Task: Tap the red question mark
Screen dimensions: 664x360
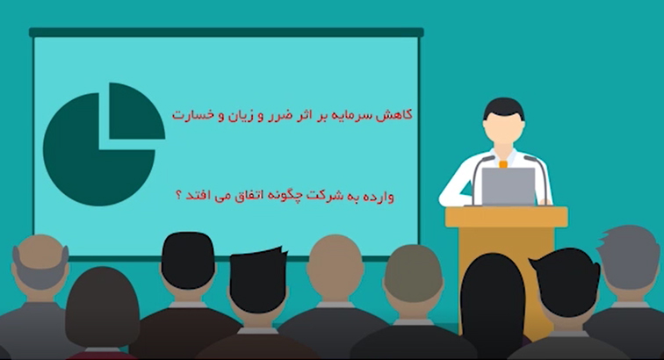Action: pos(178,197)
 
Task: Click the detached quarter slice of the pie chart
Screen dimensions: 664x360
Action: pos(136,111)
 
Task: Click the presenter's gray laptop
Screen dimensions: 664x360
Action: pos(509,186)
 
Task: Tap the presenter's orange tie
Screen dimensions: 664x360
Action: pos(503,164)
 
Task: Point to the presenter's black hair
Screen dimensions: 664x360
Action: pos(504,108)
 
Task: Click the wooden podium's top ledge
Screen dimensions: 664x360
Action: pos(507,216)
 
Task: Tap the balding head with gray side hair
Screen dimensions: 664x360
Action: pos(40,263)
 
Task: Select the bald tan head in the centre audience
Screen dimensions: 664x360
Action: pos(335,263)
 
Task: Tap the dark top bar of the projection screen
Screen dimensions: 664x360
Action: pos(226,32)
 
